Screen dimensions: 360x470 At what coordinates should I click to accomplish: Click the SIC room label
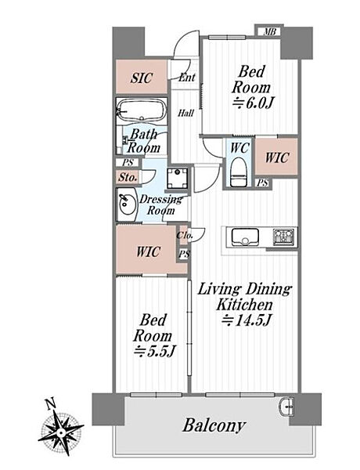point(142,78)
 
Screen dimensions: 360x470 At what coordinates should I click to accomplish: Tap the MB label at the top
point(269,31)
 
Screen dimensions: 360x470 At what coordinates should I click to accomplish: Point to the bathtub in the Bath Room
point(142,110)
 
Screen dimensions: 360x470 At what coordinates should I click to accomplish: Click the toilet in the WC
point(239,175)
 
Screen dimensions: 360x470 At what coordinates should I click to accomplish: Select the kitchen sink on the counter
point(245,237)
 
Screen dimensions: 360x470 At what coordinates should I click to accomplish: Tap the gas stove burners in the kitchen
point(284,237)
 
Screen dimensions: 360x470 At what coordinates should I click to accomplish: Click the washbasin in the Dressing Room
point(128,204)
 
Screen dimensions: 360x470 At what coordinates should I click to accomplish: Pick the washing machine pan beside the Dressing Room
point(178,179)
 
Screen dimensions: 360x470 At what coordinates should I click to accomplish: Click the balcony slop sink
point(287,406)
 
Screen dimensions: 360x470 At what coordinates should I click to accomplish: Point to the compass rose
point(61,432)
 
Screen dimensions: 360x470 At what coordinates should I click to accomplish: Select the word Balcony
point(214,426)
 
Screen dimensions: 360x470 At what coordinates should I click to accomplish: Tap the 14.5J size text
point(247,320)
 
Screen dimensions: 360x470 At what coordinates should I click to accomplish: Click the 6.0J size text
point(253,104)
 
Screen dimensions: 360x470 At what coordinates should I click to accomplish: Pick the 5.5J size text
point(154,351)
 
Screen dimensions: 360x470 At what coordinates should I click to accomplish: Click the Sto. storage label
point(128,177)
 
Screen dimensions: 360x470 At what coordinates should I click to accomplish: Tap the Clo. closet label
point(184,235)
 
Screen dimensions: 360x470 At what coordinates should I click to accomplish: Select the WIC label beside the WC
point(277,157)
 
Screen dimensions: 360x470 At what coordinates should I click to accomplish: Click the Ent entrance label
point(187,78)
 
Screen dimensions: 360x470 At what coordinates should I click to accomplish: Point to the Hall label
point(185,114)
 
